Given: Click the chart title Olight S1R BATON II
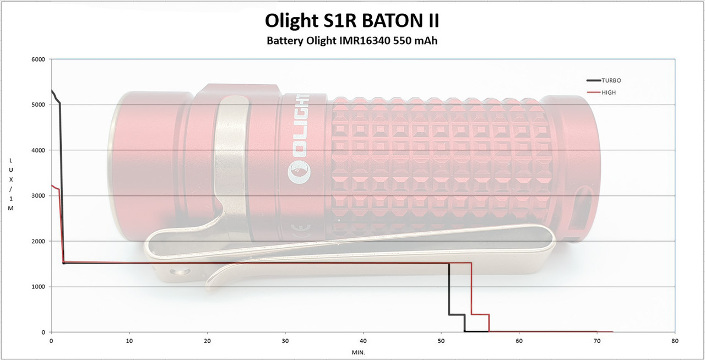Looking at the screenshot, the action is pos(352,21).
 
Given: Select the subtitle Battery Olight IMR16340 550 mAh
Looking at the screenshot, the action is pos(352,41).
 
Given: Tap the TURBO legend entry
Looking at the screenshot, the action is pos(604,80).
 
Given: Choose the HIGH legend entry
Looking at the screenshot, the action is pos(601,92).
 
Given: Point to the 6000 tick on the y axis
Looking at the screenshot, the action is pos(38,59).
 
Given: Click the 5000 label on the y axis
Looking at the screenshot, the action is pos(38,105).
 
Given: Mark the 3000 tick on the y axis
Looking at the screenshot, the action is pos(38,196).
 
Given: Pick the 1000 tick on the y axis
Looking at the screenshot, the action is pos(38,287).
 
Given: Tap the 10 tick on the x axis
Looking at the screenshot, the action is pos(129,341).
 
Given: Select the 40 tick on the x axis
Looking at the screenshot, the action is pos(363,341).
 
